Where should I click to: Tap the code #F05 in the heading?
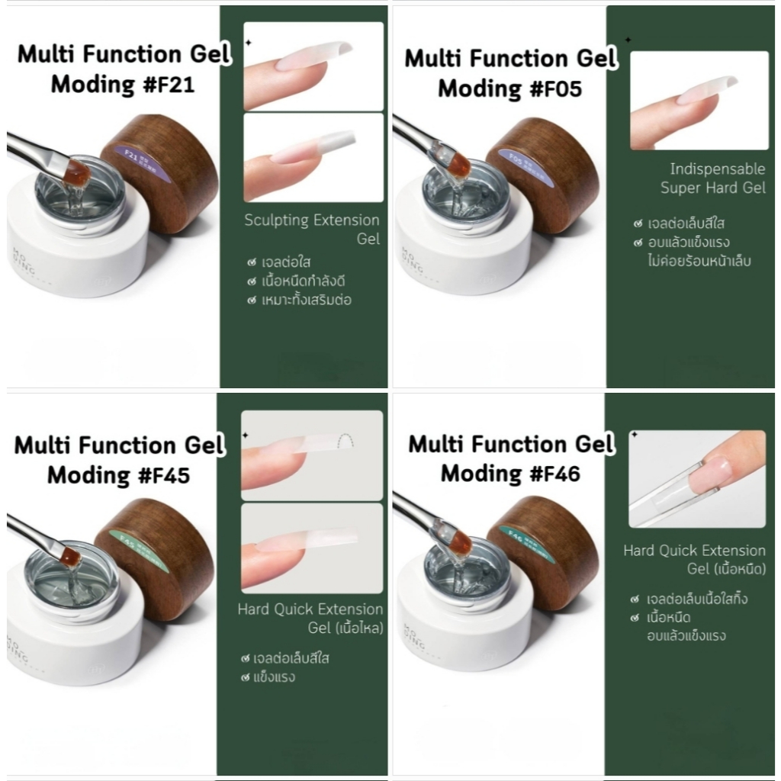pos(546,88)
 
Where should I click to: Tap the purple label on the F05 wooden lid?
pos(518,160)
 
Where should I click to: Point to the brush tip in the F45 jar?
pos(70,558)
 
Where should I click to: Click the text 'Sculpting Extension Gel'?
pos(312,230)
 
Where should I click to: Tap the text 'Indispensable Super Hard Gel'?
pos(712,178)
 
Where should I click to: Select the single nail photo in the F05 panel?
pos(699,100)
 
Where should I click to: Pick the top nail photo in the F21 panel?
pos(313,66)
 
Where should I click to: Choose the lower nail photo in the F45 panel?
pos(311,547)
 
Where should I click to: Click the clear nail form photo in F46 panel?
pos(696,478)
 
